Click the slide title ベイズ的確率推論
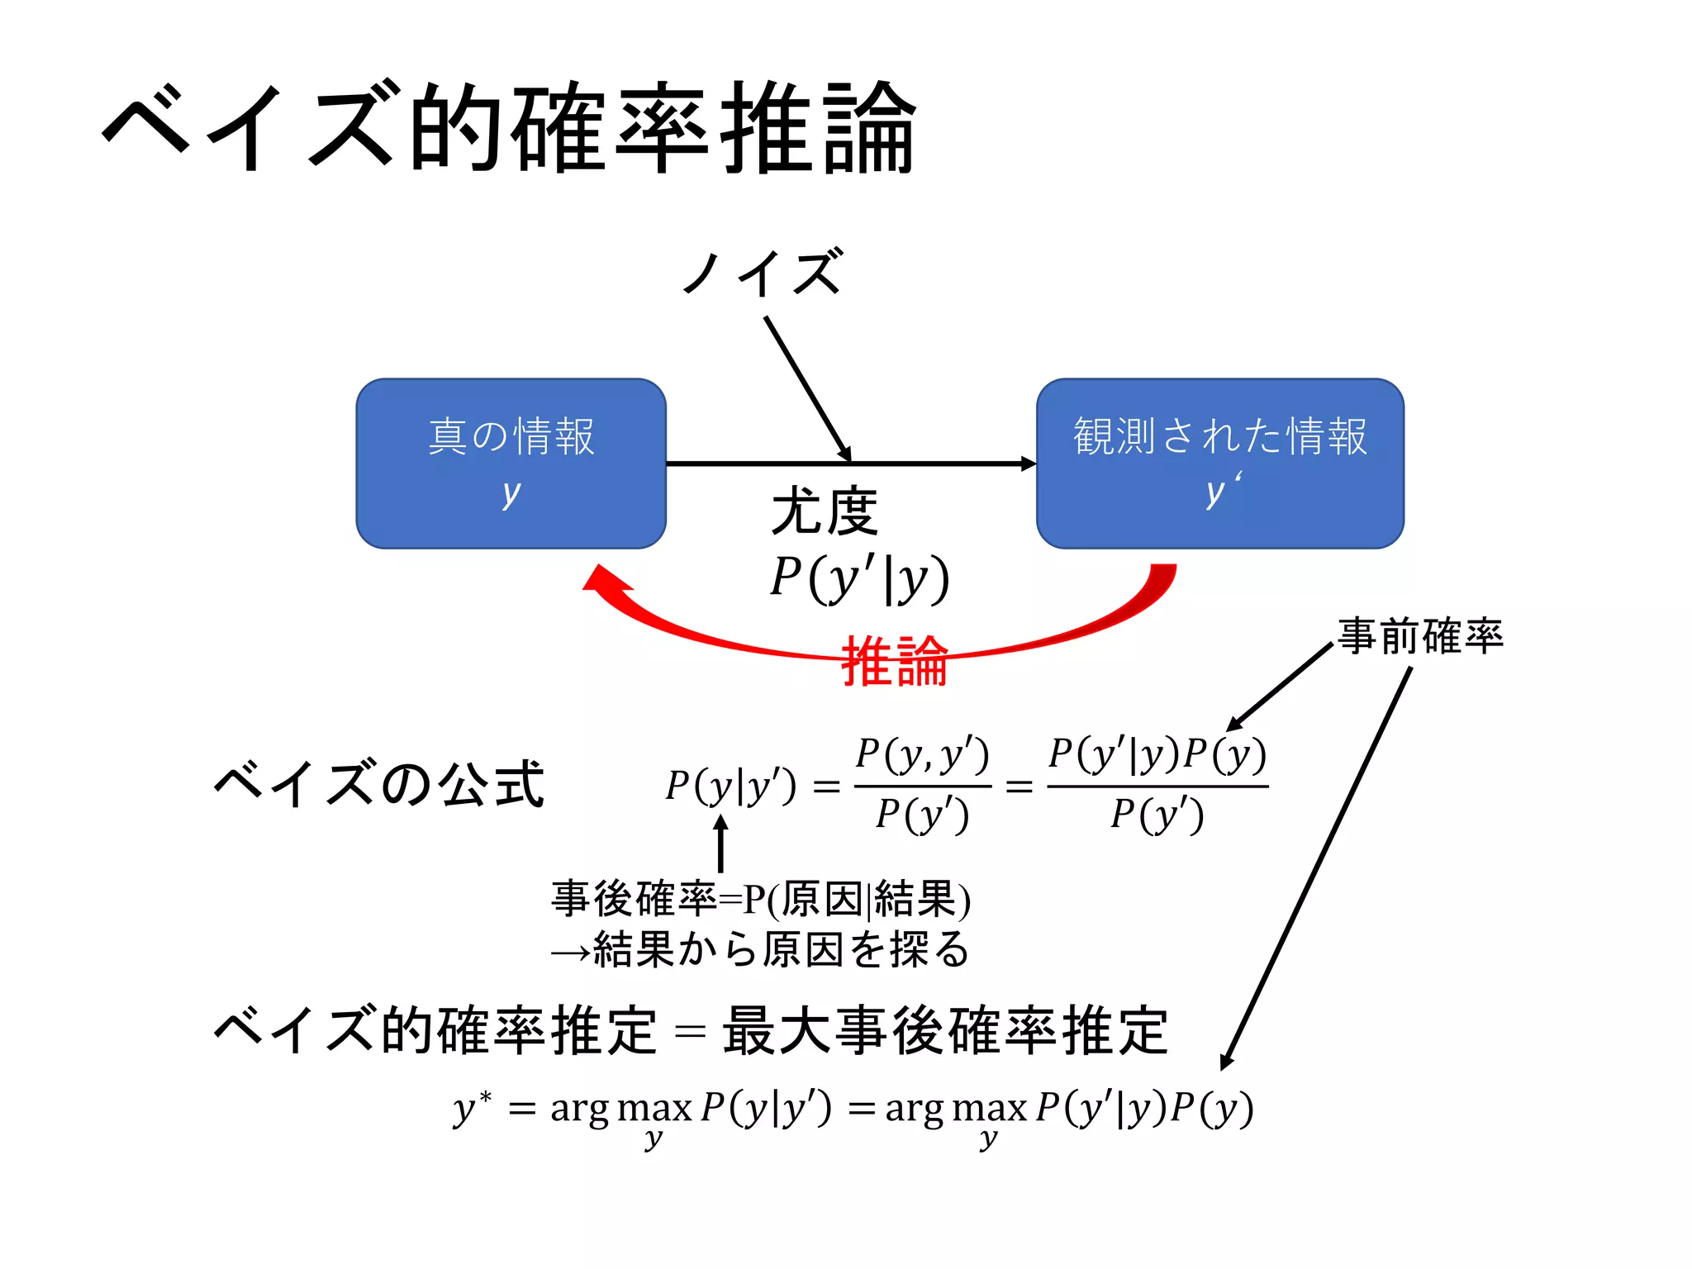[510, 128]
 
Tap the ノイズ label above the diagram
[762, 273]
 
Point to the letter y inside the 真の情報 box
[511, 493]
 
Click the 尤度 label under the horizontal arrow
[824, 511]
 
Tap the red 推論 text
[894, 661]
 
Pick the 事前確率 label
[1420, 636]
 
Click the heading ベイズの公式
[379, 783]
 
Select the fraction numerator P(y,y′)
[922, 754]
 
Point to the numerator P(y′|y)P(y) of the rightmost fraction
[1157, 754]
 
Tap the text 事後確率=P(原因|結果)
[761, 899]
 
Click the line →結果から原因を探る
[761, 948]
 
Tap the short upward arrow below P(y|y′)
[721, 843]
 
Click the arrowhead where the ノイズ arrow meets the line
[845, 454]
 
